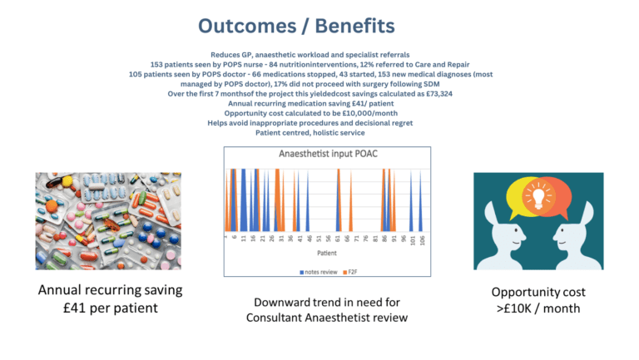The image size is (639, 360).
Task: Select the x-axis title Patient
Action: (326, 253)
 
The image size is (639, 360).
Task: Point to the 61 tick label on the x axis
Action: (338, 240)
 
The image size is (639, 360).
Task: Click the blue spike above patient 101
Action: (413, 204)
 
